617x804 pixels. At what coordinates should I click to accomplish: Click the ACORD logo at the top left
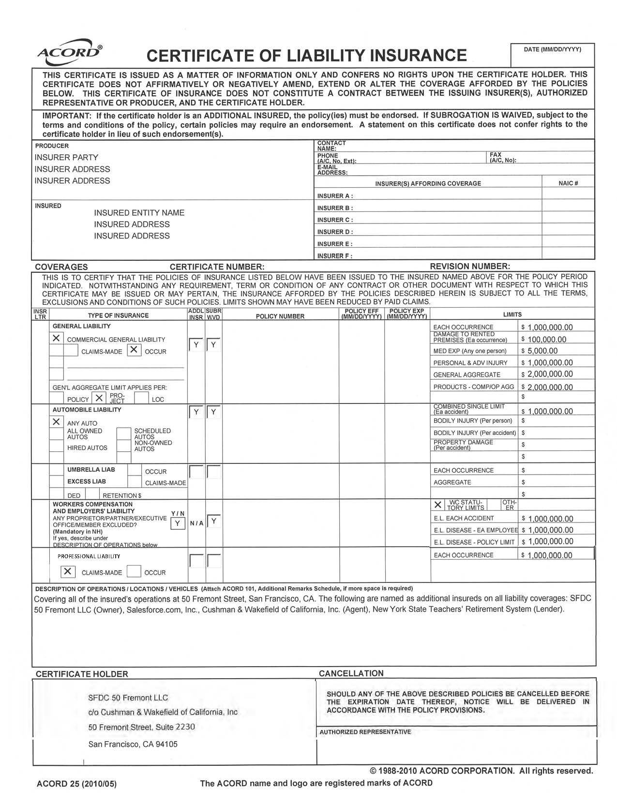click(x=69, y=52)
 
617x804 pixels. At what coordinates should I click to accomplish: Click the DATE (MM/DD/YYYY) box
click(x=552, y=55)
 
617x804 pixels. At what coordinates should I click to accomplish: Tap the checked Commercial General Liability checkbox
click(x=57, y=338)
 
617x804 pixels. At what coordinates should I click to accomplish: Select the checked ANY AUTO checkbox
click(x=57, y=422)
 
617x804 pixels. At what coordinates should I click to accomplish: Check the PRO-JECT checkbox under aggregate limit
click(x=99, y=398)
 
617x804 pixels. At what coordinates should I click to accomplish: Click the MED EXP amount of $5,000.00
click(x=542, y=351)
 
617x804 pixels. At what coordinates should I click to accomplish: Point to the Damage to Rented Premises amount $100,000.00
click(x=547, y=340)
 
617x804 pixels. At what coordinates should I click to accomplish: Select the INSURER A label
click(x=335, y=196)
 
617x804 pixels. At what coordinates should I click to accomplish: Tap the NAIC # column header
click(x=568, y=183)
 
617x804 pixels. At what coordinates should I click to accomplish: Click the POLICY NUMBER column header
click(x=280, y=316)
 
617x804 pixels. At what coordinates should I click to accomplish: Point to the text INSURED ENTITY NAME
click(x=139, y=213)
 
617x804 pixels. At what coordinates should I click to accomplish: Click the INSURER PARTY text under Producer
click(x=66, y=158)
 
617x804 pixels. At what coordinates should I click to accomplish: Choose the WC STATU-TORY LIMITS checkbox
click(x=438, y=505)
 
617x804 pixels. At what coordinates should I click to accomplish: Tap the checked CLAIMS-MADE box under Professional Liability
click(x=67, y=571)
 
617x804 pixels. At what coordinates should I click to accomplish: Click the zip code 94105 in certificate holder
click(x=166, y=744)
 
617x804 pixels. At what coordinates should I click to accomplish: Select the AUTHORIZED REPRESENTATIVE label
click(x=365, y=732)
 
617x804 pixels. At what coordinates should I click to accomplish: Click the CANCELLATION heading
click(x=351, y=673)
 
